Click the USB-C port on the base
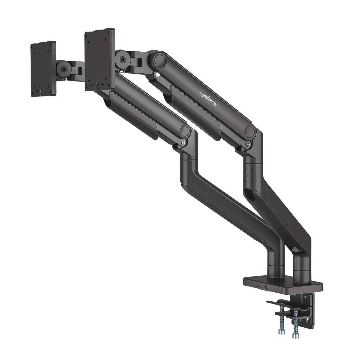257,285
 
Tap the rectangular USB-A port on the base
267,287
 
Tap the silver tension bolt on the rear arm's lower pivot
248,144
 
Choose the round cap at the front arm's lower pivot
185,130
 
